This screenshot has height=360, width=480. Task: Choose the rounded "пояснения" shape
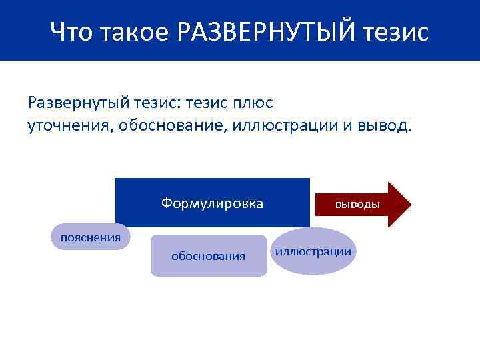91,237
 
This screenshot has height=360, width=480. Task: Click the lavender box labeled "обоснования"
208,255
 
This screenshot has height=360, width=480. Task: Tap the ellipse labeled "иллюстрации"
313,251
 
